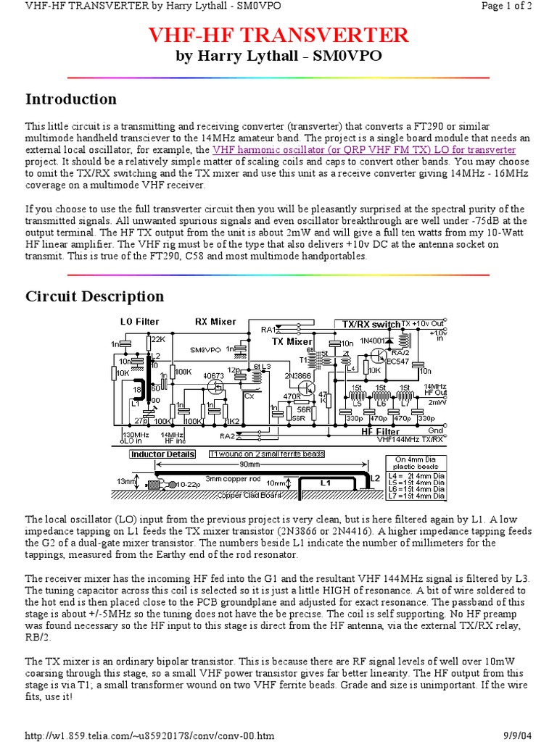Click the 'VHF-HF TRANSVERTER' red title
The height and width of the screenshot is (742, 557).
click(278, 35)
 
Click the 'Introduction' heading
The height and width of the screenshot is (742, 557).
click(71, 99)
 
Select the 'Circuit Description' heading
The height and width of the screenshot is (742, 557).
click(95, 296)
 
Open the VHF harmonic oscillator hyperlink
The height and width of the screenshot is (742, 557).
click(364, 150)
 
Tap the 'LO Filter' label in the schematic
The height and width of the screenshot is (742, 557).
click(139, 321)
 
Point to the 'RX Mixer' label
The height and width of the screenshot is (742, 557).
click(215, 321)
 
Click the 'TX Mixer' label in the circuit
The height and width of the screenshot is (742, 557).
click(292, 341)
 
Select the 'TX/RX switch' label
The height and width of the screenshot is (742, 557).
click(366, 324)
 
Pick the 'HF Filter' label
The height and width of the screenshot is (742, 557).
click(380, 432)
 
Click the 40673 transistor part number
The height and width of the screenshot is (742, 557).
click(213, 376)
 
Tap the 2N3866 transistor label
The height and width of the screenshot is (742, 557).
click(289, 375)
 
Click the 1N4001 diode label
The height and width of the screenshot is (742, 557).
click(371, 340)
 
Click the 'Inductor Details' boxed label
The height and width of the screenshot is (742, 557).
click(162, 454)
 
